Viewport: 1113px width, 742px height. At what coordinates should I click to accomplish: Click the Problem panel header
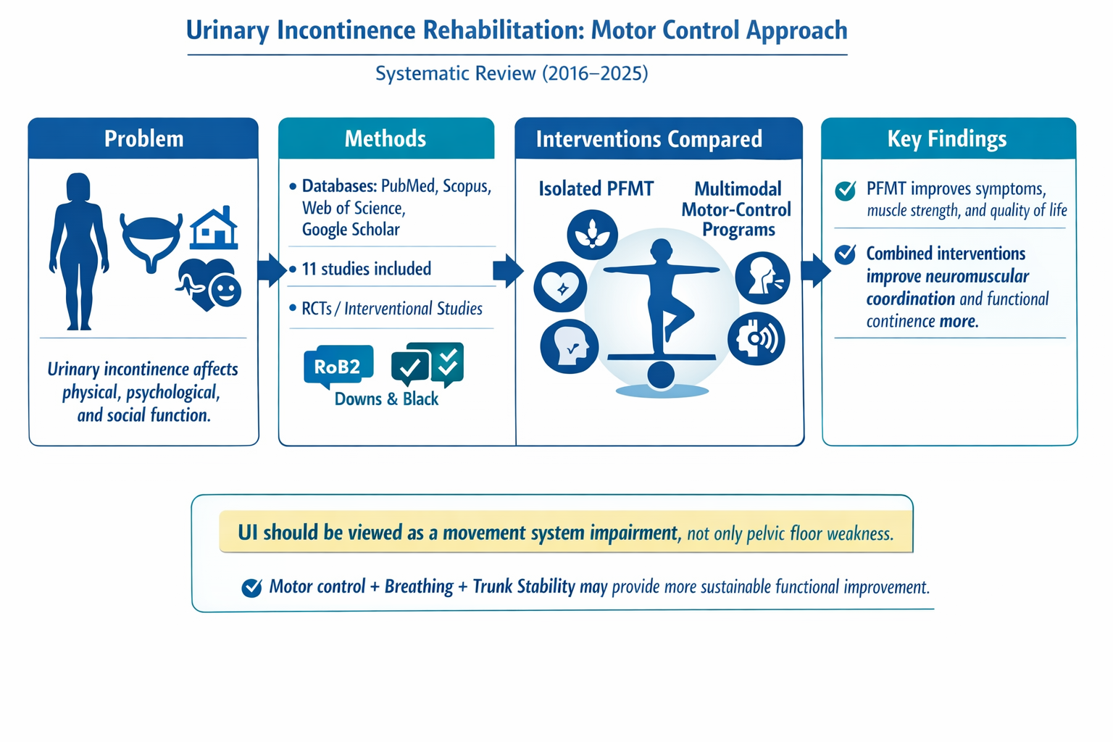(143, 138)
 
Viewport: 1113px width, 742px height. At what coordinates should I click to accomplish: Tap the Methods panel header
(386, 138)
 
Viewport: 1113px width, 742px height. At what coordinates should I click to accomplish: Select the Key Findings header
(948, 138)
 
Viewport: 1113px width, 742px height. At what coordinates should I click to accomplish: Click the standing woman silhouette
(78, 251)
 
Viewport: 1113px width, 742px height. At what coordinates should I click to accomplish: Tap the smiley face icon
(225, 291)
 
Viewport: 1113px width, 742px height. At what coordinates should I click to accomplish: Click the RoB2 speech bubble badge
(338, 367)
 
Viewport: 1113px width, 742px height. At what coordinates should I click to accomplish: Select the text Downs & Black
(386, 399)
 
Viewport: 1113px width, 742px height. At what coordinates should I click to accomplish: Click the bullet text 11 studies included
(366, 269)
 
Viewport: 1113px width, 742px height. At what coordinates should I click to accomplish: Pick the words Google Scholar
(351, 229)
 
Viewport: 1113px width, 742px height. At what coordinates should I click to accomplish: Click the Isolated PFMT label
(596, 189)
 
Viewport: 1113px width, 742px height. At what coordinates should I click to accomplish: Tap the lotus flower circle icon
(592, 235)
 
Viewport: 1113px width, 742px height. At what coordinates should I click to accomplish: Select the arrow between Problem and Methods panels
(272, 270)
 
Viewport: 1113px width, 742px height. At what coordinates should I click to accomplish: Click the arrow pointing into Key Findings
(816, 270)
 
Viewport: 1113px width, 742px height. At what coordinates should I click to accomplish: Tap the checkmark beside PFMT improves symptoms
(845, 191)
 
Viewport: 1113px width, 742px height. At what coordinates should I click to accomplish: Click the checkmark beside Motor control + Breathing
(251, 588)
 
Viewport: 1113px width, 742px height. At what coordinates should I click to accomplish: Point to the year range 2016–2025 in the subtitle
(595, 74)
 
